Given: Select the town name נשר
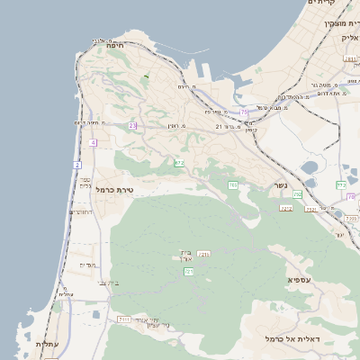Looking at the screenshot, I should (280, 186).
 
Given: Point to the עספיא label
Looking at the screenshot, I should (301, 280).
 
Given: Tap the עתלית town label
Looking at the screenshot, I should (47, 345).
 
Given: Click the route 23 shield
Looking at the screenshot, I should (132, 125).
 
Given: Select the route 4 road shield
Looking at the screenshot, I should (93, 142).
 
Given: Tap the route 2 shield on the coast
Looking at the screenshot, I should (77, 166).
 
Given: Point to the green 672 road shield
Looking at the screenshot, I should (179, 163).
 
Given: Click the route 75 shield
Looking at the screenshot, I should (243, 112).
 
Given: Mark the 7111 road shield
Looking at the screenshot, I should (124, 319).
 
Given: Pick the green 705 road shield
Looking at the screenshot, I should (232, 185).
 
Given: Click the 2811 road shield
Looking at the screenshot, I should (350, 59).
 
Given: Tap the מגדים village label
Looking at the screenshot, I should (87, 265).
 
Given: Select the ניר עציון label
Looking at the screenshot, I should (157, 323).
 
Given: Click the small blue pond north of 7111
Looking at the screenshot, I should (95, 315).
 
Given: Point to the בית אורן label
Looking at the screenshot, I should (186, 255).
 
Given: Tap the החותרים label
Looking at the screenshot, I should (81, 211).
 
